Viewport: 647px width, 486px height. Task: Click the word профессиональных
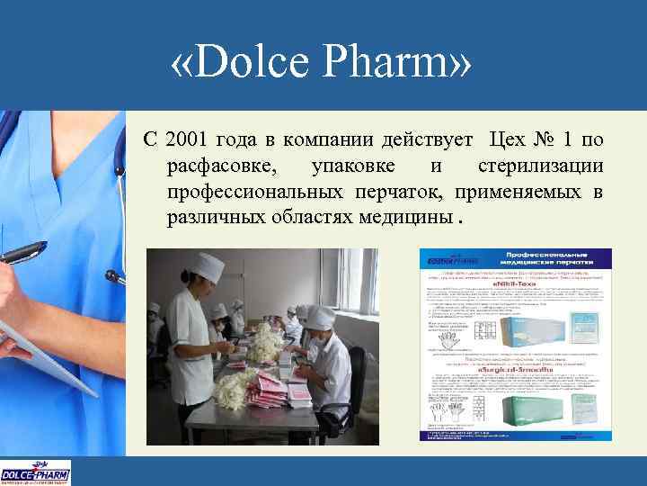(253, 192)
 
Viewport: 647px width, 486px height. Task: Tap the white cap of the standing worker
(209, 265)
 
